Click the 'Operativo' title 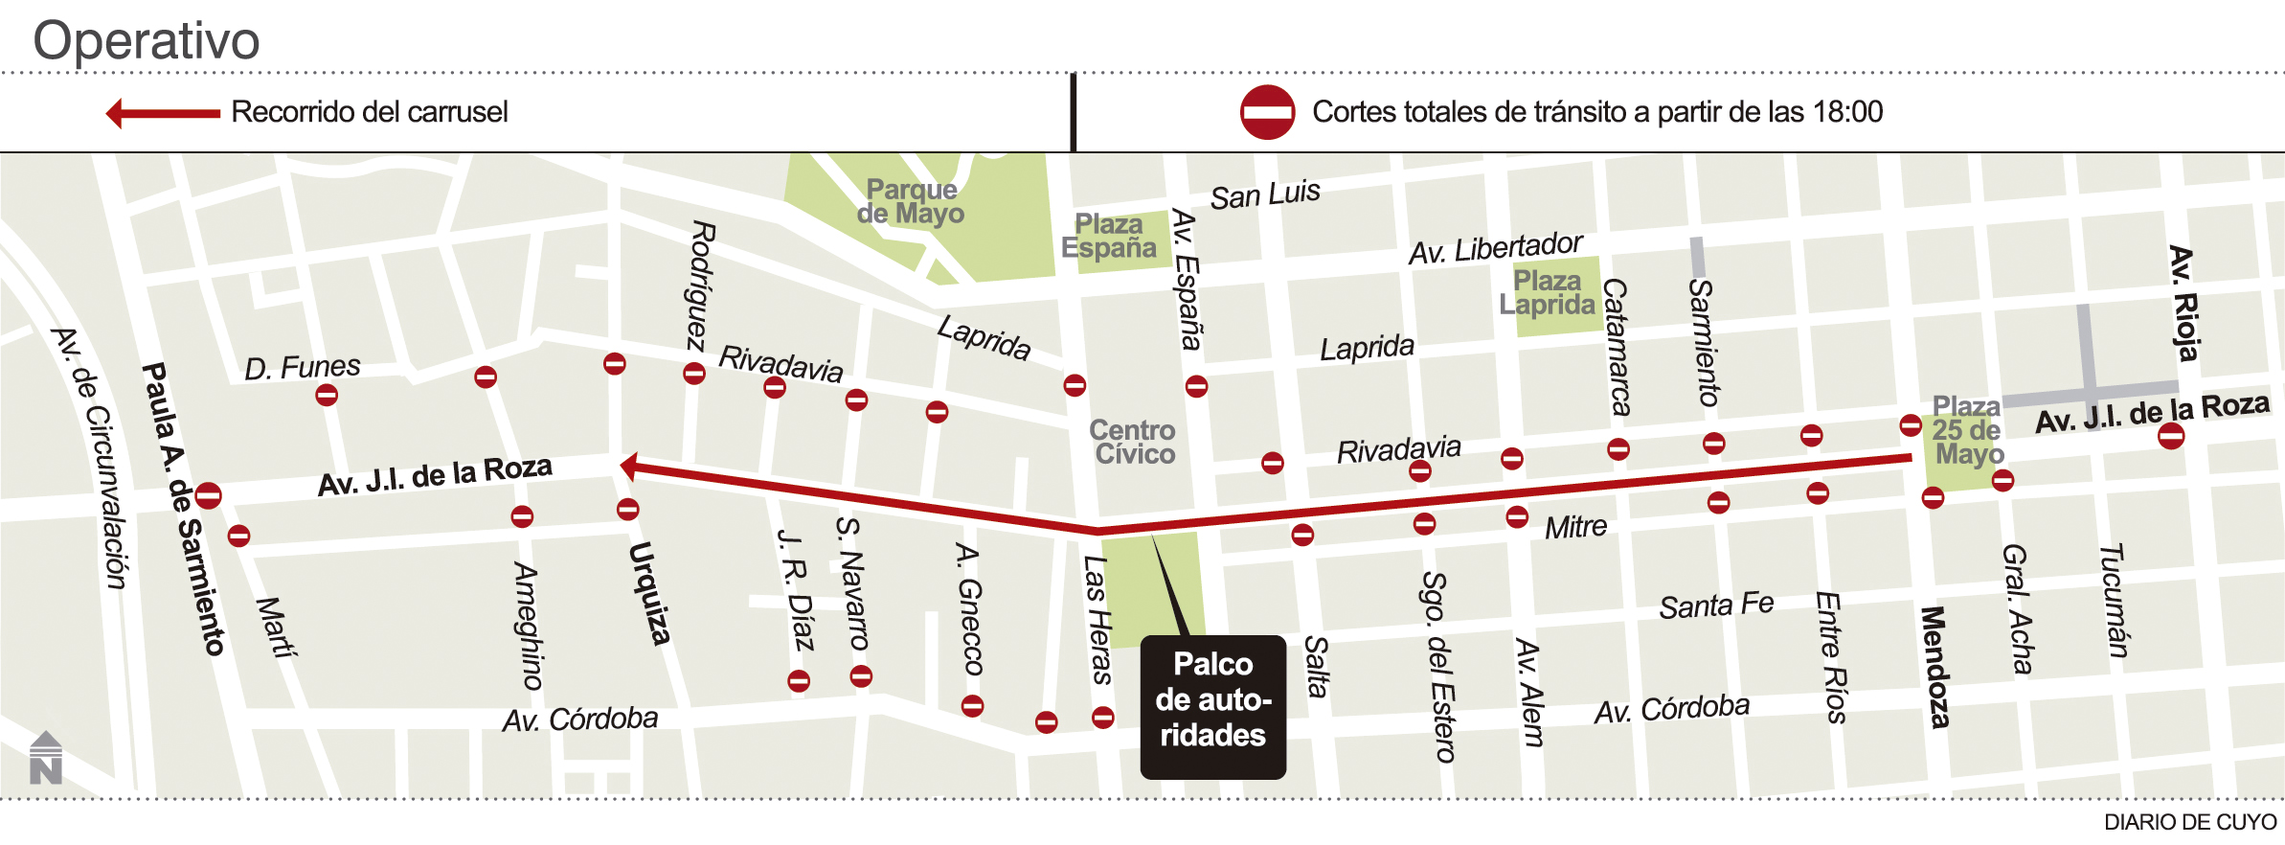[x=147, y=40]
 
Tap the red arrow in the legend [x=163, y=113]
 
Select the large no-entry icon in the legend [x=1267, y=112]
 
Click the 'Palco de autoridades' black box [x=1212, y=706]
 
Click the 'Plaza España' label [x=1109, y=236]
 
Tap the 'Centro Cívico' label [x=1133, y=442]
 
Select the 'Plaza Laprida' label [x=1547, y=292]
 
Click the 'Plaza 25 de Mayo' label [x=1967, y=430]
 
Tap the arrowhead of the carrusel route [x=629, y=467]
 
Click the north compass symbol [x=45, y=758]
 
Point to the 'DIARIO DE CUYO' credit [x=2189, y=822]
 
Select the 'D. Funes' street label [x=303, y=367]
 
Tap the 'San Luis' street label [x=1264, y=194]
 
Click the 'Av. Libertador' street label [x=1495, y=248]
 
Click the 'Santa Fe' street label [x=1716, y=605]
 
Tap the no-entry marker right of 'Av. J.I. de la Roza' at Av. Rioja [x=2171, y=436]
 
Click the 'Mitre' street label [x=1575, y=527]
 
